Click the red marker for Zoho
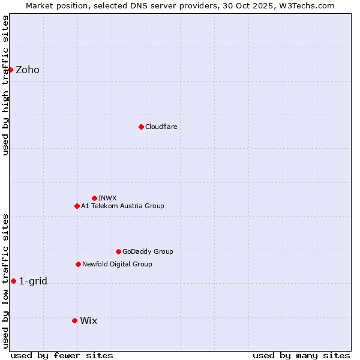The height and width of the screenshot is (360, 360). pyautogui.click(x=10, y=70)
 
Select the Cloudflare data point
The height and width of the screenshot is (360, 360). pyautogui.click(x=141, y=127)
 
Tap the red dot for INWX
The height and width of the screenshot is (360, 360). pyautogui.click(x=94, y=198)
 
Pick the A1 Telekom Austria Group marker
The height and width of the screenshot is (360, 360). pyautogui.click(x=77, y=206)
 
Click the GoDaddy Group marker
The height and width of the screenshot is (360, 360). pyautogui.click(x=118, y=251)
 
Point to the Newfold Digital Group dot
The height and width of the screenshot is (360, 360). pyautogui.click(x=78, y=264)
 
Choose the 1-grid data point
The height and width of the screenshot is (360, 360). pyautogui.click(x=13, y=281)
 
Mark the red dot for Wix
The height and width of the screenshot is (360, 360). pyautogui.click(x=74, y=320)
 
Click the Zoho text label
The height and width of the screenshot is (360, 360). pyautogui.click(x=28, y=70)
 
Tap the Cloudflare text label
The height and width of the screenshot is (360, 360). pyautogui.click(x=161, y=127)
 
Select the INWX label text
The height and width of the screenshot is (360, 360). pyautogui.click(x=107, y=198)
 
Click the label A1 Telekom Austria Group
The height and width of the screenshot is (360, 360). pyautogui.click(x=122, y=206)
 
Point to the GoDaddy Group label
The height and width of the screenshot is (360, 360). pyautogui.click(x=148, y=251)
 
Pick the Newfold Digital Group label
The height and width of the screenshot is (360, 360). pyautogui.click(x=117, y=264)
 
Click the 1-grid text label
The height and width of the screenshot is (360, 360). pyautogui.click(x=33, y=281)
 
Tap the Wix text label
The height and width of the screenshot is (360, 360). pyautogui.click(x=88, y=320)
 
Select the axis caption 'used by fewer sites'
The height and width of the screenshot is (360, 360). pyautogui.click(x=62, y=355)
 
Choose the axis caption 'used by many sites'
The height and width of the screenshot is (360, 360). pyautogui.click(x=301, y=355)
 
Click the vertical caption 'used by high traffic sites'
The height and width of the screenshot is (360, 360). pyautogui.click(x=5, y=85)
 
